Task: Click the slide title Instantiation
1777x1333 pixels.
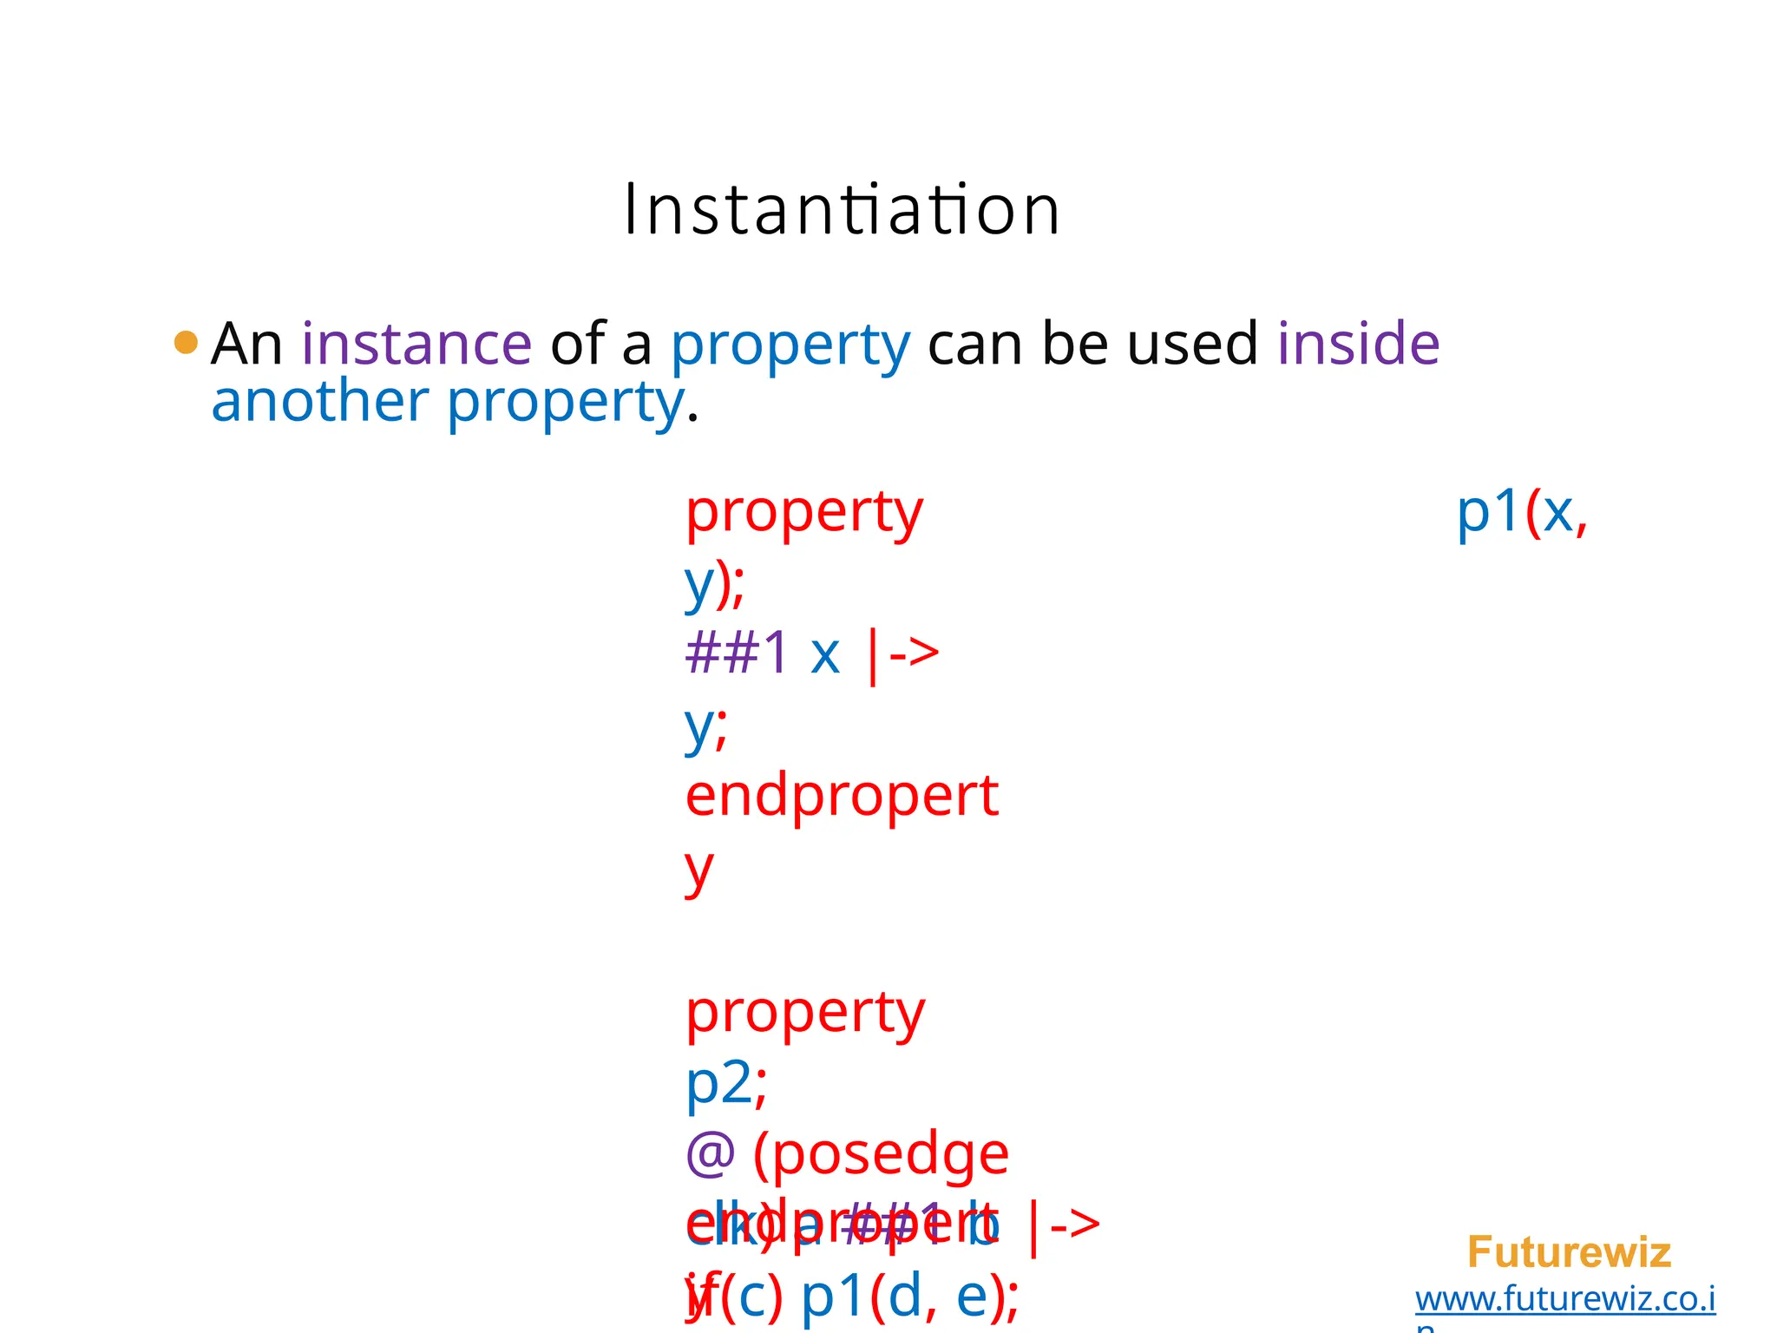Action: [x=842, y=210]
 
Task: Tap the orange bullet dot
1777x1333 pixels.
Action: [x=186, y=342]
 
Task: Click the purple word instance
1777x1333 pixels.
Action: [x=416, y=344]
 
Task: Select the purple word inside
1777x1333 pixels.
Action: [x=1358, y=344]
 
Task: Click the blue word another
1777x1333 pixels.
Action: [x=319, y=401]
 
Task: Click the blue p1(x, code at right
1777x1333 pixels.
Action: [x=1521, y=512]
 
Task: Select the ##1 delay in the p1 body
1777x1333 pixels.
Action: [x=737, y=653]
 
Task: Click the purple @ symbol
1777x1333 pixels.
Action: [x=710, y=1154]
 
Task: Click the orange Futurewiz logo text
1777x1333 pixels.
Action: [x=1569, y=1252]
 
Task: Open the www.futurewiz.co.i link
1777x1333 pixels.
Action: [x=1564, y=1299]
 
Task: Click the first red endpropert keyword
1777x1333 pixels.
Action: [x=842, y=795]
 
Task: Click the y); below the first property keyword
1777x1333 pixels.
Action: [x=714, y=583]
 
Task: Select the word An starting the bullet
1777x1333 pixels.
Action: [x=246, y=344]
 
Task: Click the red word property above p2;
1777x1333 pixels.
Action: [x=805, y=1012]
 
